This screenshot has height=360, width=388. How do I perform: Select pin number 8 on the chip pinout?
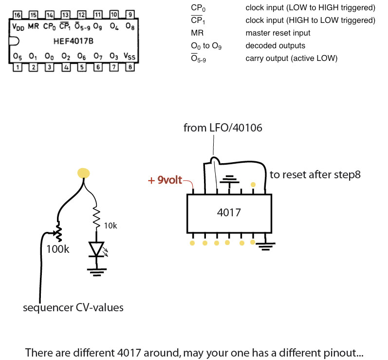coord(130,67)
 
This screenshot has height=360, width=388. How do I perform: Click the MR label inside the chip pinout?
coord(33,26)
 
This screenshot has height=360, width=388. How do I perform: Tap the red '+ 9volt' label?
coord(165,181)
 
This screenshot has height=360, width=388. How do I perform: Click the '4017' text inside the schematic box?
coord(228,212)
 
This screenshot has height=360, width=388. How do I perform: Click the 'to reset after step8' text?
coord(314,174)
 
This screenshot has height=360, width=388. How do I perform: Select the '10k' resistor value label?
coord(111,225)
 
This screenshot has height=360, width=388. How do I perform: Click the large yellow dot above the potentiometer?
coord(84,173)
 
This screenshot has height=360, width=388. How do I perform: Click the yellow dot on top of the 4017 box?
coord(253,185)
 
